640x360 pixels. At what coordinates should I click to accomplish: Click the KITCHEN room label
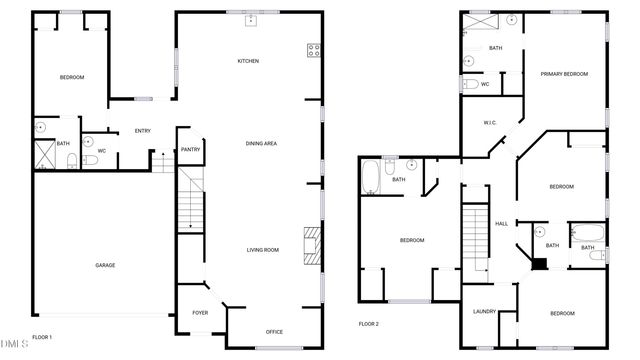[248, 61]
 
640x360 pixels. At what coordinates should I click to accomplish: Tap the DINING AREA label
[261, 144]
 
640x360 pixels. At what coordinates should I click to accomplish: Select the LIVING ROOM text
[263, 250]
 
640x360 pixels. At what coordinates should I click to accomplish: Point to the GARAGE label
[105, 265]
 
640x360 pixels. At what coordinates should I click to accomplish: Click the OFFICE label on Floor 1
[274, 331]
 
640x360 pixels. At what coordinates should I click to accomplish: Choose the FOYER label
[200, 313]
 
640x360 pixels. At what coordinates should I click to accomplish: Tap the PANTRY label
[190, 151]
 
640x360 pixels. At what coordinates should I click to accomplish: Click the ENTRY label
[142, 131]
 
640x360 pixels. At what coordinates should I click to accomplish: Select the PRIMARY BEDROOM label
[564, 73]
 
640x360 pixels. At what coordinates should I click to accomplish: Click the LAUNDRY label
[484, 312]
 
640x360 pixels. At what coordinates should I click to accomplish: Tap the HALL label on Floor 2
[502, 223]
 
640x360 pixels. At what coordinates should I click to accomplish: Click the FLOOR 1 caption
[43, 337]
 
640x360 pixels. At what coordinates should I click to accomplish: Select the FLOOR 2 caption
[369, 324]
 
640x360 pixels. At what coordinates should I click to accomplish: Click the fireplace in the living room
[314, 246]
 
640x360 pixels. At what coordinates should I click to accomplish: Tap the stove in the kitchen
[313, 49]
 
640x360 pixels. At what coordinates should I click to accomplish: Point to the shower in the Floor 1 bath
[46, 153]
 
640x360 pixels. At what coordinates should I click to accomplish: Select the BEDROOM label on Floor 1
[70, 78]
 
